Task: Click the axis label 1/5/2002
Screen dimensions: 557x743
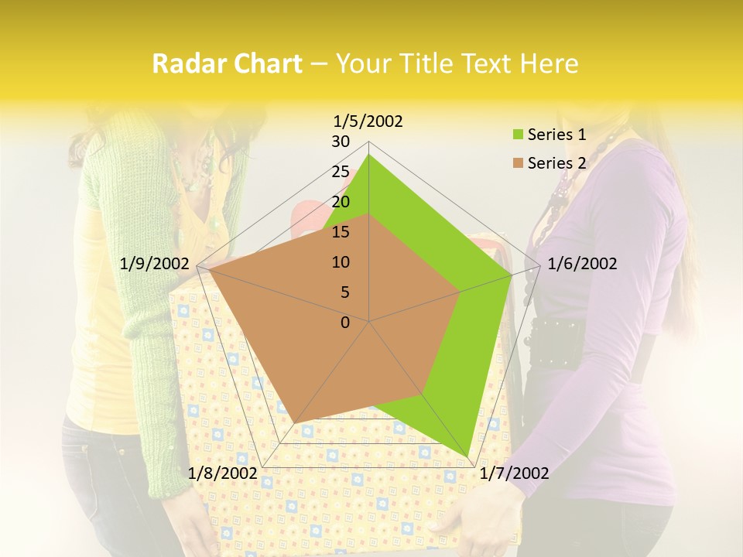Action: (368, 121)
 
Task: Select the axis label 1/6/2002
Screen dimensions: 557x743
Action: (582, 264)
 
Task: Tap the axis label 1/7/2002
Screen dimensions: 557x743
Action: (515, 473)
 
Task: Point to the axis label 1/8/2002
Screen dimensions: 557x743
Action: (223, 473)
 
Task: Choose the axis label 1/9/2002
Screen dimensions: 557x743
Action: (155, 264)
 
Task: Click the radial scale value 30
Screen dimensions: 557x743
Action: (341, 142)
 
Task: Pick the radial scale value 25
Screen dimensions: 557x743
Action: (341, 172)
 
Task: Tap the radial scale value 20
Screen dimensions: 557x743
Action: (341, 202)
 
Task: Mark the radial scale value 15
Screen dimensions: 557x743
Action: (341, 232)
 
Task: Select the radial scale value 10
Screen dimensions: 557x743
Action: (341, 262)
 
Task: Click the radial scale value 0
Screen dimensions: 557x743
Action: (345, 323)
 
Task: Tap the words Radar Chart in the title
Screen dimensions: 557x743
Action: (227, 63)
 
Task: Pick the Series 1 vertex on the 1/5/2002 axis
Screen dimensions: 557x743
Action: (369, 155)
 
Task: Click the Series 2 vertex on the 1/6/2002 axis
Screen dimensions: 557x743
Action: (461, 292)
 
